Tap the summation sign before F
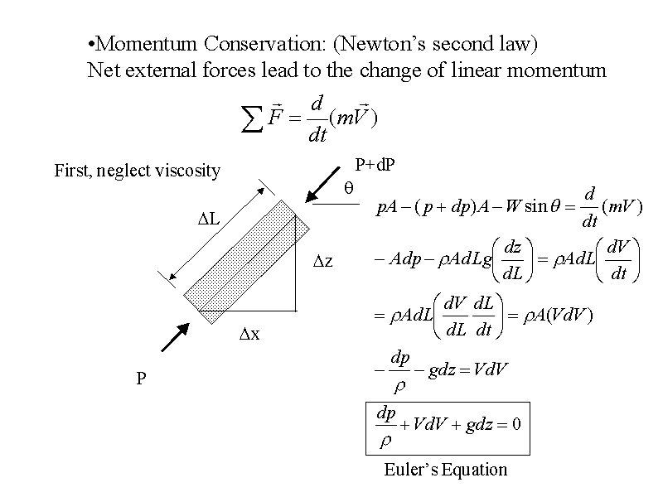tap(249, 121)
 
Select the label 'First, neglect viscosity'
tap(138, 171)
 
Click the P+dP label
tap(375, 165)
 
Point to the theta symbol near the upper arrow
tap(350, 190)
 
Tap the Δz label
tap(323, 262)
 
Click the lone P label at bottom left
tap(142, 379)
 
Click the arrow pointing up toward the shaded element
tap(175, 337)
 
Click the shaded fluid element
tap(248, 261)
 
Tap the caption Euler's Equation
tap(446, 470)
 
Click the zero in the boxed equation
tap(515, 425)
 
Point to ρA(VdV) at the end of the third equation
tap(558, 316)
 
